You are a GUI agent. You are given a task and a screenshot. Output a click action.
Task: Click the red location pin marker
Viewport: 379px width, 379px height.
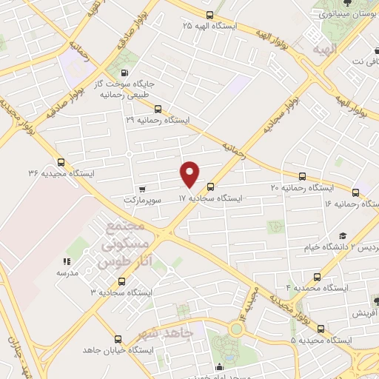click(190, 174)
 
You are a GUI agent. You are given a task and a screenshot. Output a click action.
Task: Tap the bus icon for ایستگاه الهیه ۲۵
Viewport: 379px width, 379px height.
click(210, 15)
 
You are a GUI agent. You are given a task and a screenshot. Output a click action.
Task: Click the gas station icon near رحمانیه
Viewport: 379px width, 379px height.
click(122, 73)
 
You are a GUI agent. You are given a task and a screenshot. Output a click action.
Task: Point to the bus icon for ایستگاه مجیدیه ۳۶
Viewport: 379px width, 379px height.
click(61, 162)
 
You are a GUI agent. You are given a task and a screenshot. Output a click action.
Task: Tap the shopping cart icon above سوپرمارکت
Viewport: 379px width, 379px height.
click(141, 189)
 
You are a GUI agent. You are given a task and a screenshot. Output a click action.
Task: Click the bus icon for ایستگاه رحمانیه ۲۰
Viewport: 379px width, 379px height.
click(302, 176)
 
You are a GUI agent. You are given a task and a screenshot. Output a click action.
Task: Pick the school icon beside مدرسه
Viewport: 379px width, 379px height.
click(66, 261)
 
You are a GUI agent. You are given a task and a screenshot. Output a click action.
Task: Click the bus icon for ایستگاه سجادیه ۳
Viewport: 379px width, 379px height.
click(122, 281)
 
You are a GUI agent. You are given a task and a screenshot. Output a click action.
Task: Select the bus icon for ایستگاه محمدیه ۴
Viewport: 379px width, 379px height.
click(318, 275)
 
